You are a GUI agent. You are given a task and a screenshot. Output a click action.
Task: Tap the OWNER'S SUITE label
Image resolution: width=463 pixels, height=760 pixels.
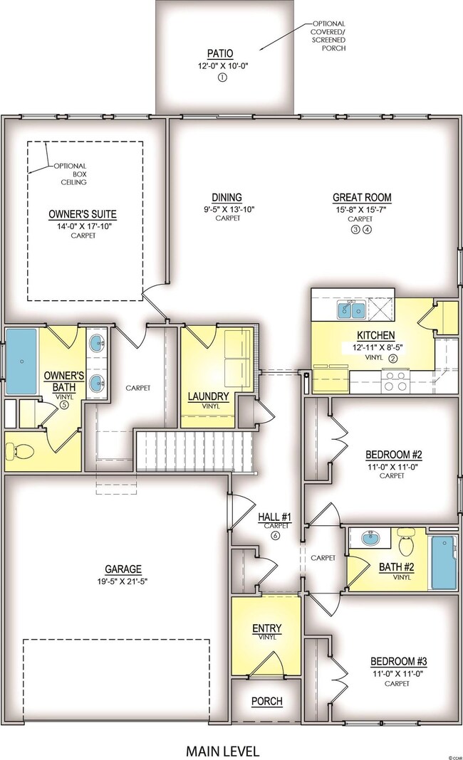tap(83, 213)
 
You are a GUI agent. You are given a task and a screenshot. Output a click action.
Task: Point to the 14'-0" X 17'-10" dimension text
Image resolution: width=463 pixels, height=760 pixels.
tap(83, 226)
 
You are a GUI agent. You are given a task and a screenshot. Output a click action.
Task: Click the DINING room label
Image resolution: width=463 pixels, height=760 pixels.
tap(227, 197)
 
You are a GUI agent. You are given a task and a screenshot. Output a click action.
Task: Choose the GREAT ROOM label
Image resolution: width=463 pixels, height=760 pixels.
tap(362, 197)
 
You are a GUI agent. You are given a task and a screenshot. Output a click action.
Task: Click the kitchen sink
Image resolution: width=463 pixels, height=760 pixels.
tap(352, 309)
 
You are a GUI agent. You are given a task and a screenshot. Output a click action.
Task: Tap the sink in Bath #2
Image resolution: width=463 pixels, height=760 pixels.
tap(370, 539)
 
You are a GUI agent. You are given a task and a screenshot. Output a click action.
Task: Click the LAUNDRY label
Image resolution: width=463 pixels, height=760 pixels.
tap(209, 396)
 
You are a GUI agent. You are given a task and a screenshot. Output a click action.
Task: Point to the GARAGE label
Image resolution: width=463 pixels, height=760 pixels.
tap(123, 569)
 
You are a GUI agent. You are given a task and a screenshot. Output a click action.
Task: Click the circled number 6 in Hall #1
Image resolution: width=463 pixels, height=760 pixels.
tap(275, 535)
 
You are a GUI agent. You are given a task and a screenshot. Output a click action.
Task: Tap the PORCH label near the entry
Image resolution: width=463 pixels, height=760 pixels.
tap(267, 701)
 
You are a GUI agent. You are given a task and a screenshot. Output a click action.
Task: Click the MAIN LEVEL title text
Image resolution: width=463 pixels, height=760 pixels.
tap(222, 750)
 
